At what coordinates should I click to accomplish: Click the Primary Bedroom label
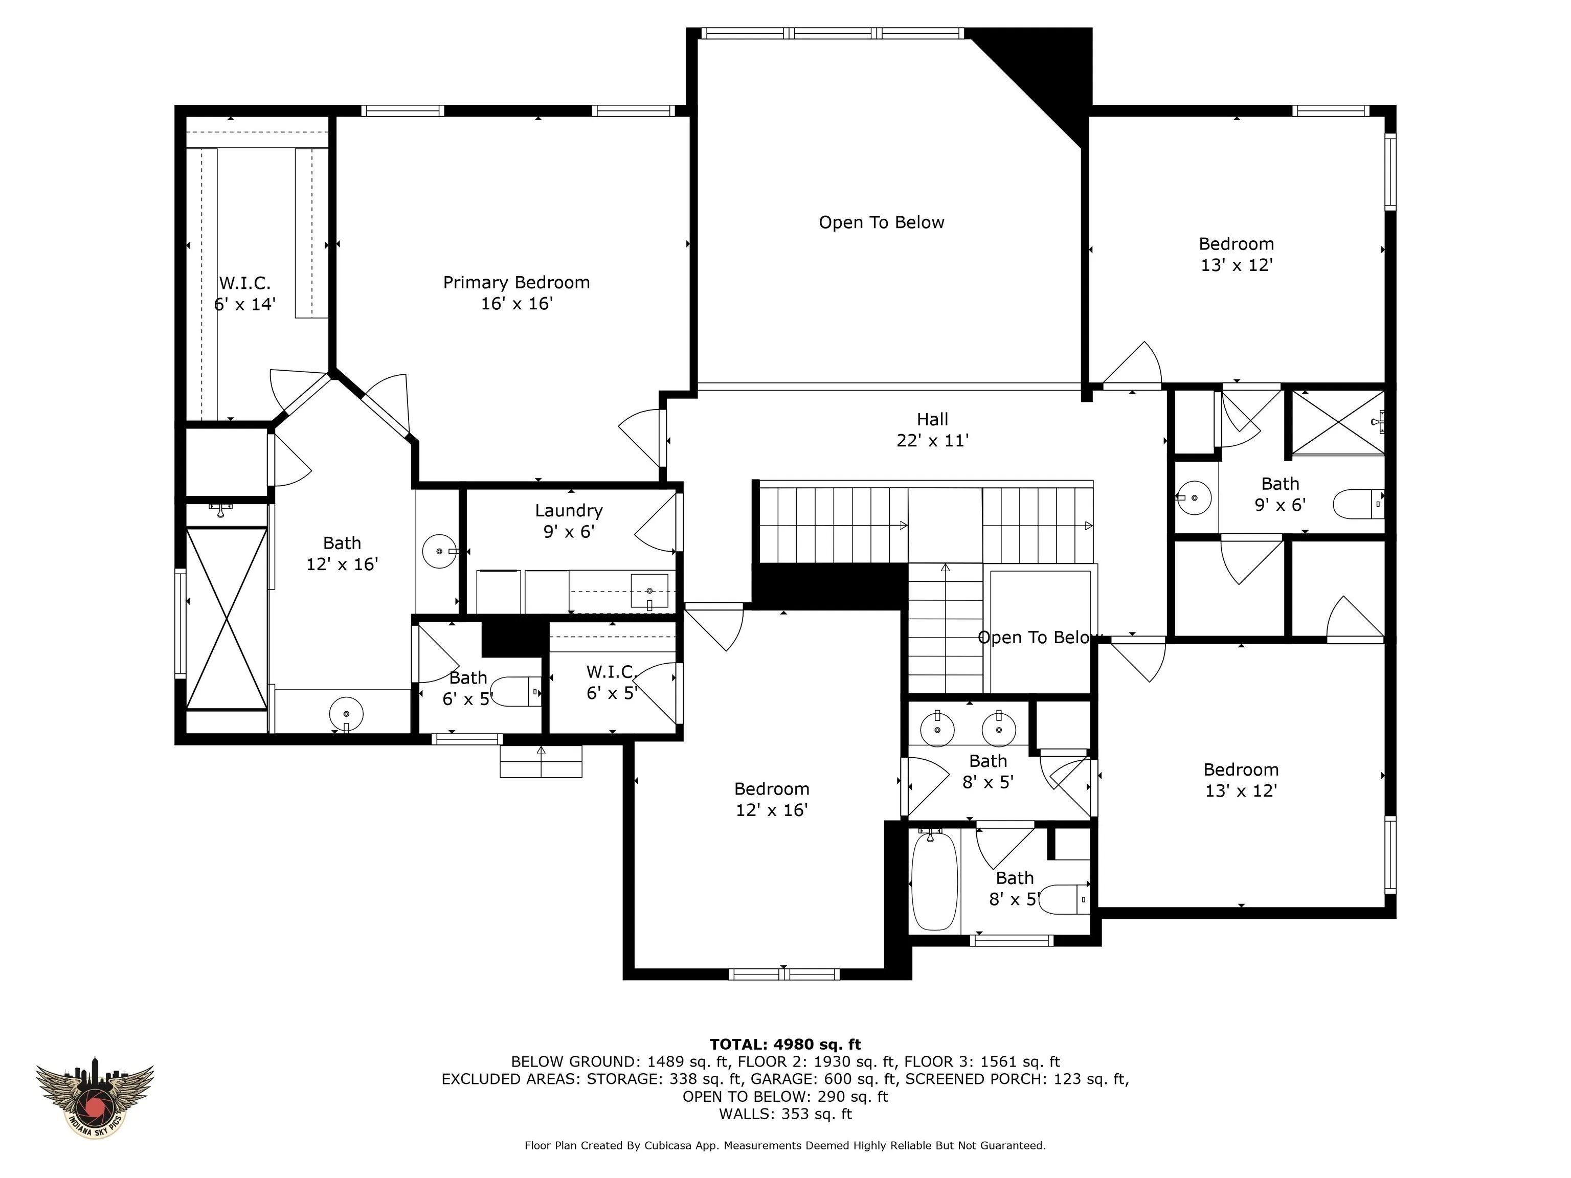(x=517, y=283)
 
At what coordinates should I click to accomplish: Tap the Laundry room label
(x=569, y=511)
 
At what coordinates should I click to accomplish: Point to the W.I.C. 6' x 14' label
(x=244, y=294)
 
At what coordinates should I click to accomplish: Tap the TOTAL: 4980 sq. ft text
(x=785, y=1045)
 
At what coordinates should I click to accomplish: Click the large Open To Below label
(x=881, y=223)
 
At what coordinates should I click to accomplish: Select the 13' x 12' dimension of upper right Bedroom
(x=1237, y=265)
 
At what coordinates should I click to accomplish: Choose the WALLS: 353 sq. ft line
(x=785, y=1114)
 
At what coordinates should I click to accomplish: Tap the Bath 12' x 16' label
(x=342, y=554)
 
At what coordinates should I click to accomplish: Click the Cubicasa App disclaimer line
(x=785, y=1145)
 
